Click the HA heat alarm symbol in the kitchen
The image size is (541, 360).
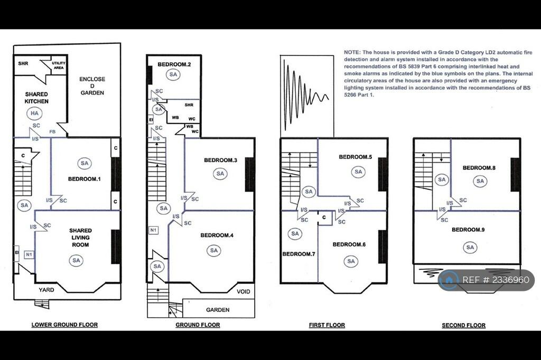[34, 113]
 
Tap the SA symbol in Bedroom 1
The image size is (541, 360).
[85, 163]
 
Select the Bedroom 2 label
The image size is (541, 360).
[174, 64]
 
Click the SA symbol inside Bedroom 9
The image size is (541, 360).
[470, 247]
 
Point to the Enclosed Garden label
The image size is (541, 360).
[92, 86]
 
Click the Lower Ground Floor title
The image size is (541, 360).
[64, 325]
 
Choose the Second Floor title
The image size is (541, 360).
[464, 325]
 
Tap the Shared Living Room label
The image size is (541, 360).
[80, 238]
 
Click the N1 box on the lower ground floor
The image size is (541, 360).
[29, 254]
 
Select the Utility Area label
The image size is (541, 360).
[58, 65]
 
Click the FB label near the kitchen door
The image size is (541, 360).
[52, 132]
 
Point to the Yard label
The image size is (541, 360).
[46, 290]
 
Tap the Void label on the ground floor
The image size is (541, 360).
[243, 292]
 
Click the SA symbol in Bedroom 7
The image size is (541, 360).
[295, 234]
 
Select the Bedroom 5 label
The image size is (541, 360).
[356, 157]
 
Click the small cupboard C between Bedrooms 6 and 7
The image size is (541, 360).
[324, 217]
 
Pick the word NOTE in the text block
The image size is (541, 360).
[352, 52]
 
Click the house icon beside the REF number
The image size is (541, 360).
[449, 280]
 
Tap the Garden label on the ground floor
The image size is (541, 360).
[218, 310]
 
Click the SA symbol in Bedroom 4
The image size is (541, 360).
[214, 251]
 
